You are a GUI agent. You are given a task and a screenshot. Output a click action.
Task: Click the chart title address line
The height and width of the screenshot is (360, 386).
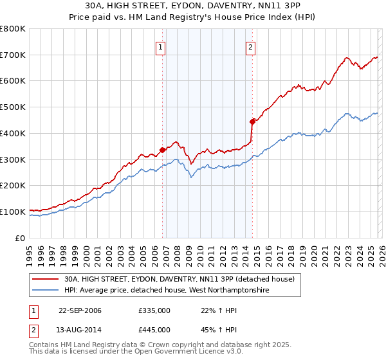tap(192, 5)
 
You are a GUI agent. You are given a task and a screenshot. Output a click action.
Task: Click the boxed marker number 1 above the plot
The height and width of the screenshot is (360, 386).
tap(160, 46)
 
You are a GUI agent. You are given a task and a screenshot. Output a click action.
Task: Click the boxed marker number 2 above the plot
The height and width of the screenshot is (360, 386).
tap(250, 46)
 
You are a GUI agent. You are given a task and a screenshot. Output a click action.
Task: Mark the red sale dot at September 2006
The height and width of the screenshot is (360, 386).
tap(163, 150)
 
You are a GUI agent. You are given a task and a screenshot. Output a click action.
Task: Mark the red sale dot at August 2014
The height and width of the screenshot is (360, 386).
tap(252, 121)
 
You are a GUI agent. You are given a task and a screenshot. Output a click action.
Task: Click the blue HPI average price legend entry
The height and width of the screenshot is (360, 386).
tap(166, 291)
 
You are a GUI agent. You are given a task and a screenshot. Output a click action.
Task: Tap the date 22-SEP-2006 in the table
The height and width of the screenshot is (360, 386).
tap(80, 310)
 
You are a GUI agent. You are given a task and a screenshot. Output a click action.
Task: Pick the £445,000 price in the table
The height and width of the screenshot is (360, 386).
tap(154, 329)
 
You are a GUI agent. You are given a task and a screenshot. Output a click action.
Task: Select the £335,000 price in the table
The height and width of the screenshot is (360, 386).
tap(154, 310)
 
